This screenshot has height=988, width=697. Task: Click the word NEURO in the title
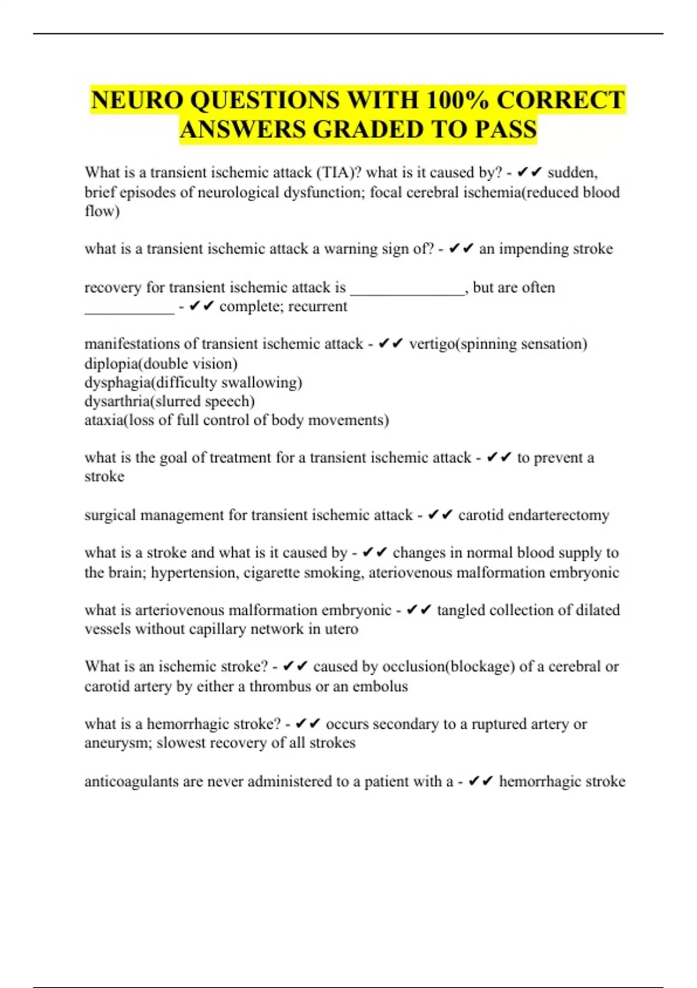tap(137, 100)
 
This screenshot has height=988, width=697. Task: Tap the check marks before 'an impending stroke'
tap(462, 249)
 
